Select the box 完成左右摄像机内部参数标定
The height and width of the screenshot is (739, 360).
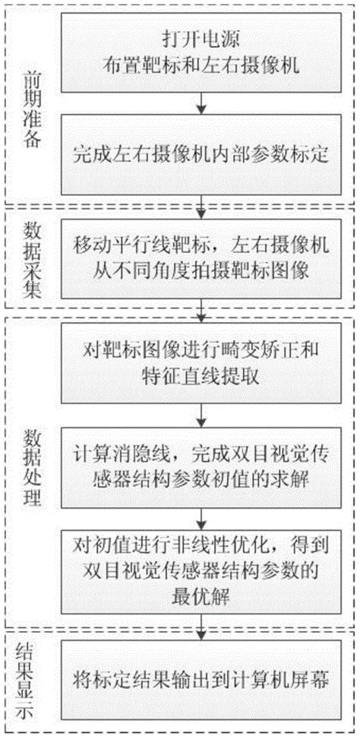click(201, 155)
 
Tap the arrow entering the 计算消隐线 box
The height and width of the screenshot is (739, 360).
click(201, 415)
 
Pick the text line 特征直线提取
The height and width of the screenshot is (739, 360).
click(201, 377)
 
